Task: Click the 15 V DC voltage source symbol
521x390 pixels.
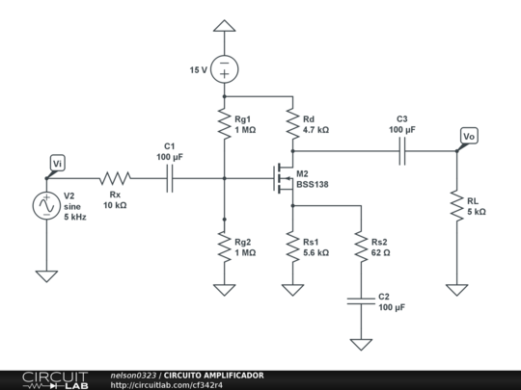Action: click(x=224, y=69)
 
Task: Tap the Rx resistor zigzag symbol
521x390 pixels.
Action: click(x=115, y=178)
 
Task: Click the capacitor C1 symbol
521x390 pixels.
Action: click(x=170, y=178)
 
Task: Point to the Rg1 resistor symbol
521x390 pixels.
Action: click(x=224, y=124)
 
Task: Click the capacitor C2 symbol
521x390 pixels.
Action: click(x=360, y=301)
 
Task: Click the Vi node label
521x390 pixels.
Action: click(x=58, y=164)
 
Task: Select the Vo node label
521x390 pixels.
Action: click(x=469, y=137)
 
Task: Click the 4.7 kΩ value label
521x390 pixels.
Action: click(x=315, y=129)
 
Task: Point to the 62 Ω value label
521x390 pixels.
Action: click(x=380, y=252)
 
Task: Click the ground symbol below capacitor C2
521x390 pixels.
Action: click(x=360, y=344)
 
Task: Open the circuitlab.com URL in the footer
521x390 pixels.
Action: click(x=166, y=384)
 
